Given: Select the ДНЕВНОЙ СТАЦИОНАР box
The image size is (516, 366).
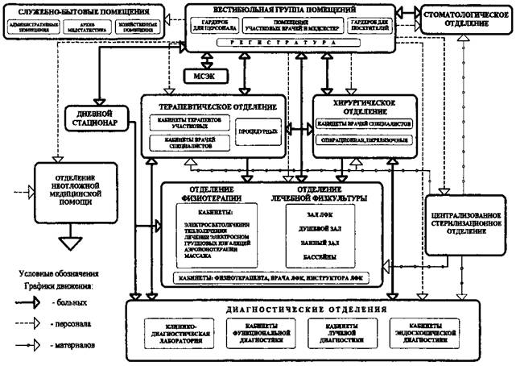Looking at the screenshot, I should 104,119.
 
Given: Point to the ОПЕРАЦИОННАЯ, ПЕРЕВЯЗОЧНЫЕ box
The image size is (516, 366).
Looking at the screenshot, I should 365,140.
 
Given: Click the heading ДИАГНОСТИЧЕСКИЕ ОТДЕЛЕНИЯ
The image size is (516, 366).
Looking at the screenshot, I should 303,309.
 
